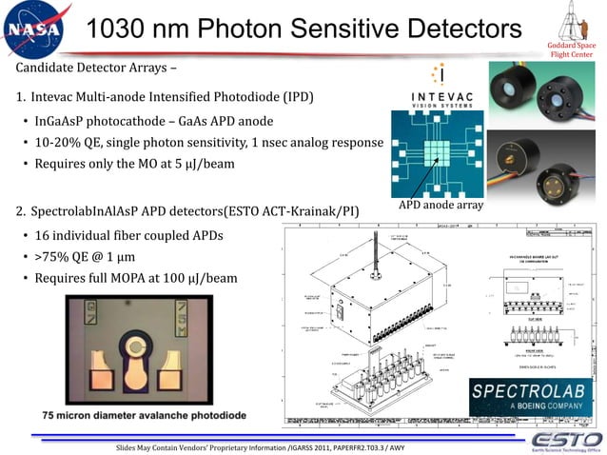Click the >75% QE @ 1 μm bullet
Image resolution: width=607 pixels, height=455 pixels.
(92, 256)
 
